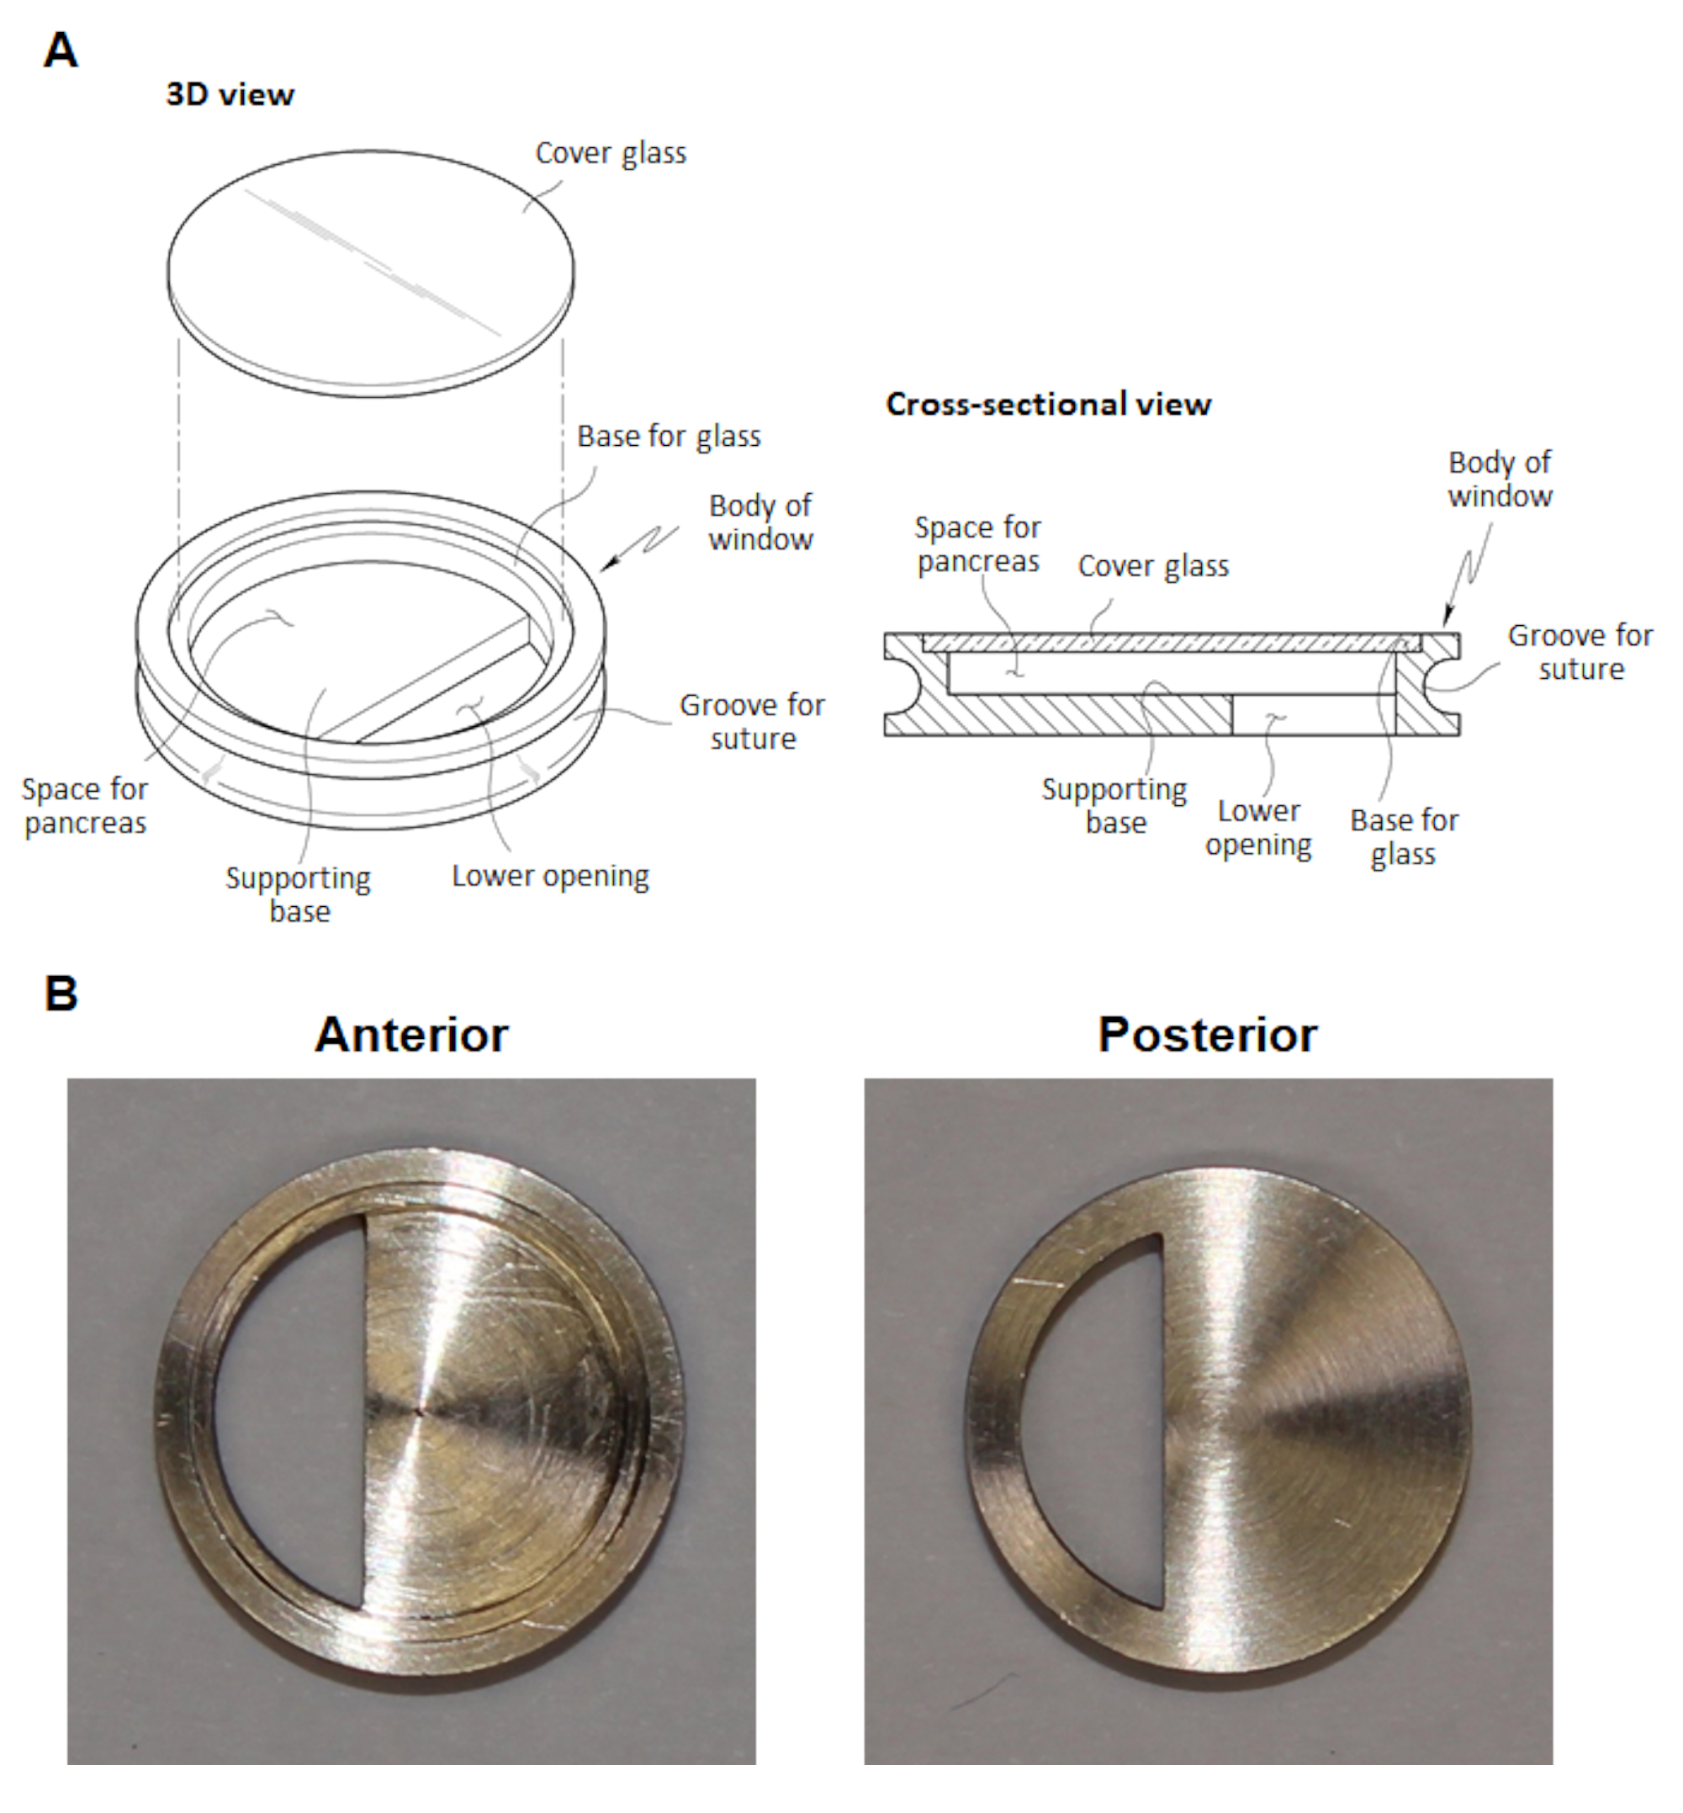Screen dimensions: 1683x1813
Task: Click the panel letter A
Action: coord(60,50)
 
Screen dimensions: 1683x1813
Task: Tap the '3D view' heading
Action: coord(230,95)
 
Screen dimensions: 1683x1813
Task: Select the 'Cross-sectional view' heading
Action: coord(1048,405)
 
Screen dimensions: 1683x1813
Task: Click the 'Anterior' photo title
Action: coord(410,1035)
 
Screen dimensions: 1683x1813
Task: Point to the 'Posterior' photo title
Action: coord(1207,1035)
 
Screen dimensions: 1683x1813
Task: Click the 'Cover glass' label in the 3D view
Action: coord(610,153)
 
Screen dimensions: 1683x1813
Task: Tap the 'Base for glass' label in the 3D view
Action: coord(669,437)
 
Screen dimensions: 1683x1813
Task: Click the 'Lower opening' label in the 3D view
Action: coord(550,876)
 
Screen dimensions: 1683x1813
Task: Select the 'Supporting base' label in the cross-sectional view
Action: coord(1114,805)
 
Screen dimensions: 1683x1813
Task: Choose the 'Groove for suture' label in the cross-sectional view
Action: coord(1580,651)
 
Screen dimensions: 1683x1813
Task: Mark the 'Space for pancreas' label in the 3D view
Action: coord(85,805)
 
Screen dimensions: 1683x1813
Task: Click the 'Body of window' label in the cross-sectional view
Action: coord(1500,480)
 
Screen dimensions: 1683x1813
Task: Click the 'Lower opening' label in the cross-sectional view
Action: coord(1258,827)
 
